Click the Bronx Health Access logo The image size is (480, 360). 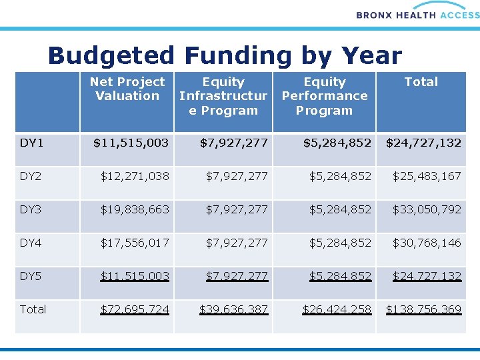(417, 13)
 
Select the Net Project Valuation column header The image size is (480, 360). (127, 89)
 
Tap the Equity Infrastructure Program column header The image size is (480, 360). (223, 96)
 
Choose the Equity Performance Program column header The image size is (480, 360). (325, 96)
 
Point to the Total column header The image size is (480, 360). (421, 82)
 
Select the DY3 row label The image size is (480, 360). (31, 209)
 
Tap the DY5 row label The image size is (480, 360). (31, 275)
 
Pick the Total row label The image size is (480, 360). (33, 309)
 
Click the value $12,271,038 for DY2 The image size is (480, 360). (135, 176)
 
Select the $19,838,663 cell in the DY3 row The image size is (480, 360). (135, 209)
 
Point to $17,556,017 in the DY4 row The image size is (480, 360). (135, 243)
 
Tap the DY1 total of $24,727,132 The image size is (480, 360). (423, 142)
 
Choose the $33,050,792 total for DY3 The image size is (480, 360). (427, 209)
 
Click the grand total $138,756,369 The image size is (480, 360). (423, 309)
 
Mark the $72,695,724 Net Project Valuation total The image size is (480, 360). (135, 309)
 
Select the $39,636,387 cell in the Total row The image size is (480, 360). (233, 309)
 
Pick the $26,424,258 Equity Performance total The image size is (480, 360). (337, 309)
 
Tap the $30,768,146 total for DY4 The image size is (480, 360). (427, 243)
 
